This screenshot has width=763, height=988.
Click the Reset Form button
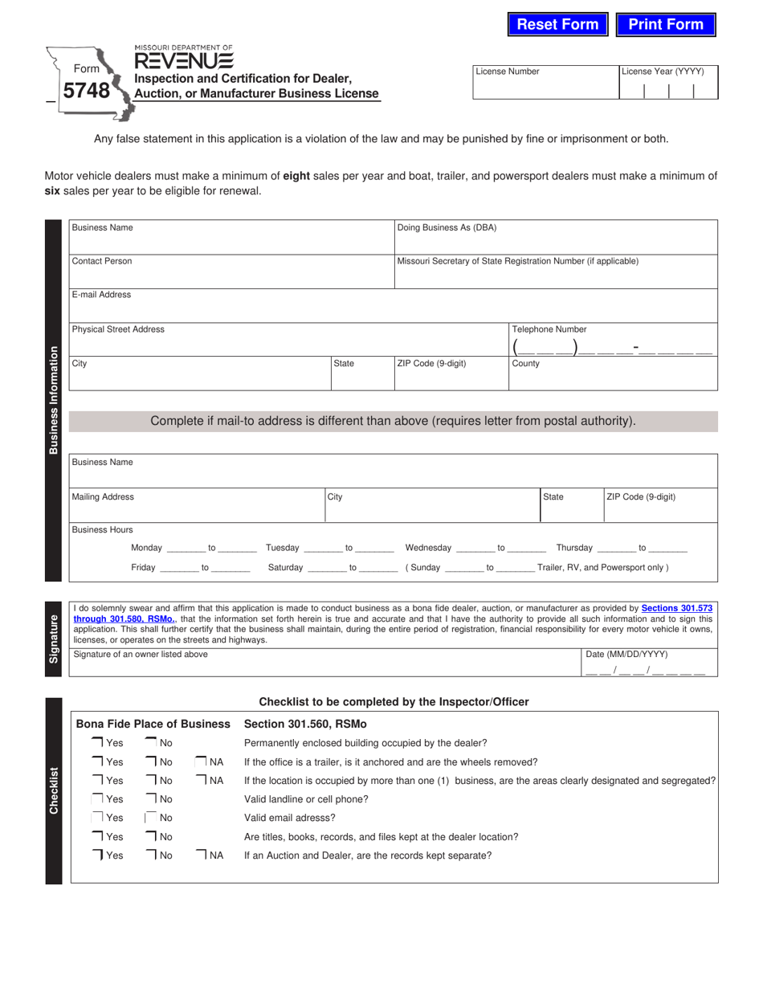(557, 24)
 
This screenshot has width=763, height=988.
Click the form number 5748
(86, 91)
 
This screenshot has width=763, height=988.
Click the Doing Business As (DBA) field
(556, 243)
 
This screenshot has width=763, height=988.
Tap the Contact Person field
(231, 276)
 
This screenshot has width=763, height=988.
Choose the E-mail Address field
(393, 309)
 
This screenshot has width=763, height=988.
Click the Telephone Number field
(613, 346)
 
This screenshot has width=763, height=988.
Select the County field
(613, 378)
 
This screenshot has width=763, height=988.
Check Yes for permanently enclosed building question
(97, 743)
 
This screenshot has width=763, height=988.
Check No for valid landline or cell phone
(151, 799)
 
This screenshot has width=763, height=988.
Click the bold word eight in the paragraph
(296, 176)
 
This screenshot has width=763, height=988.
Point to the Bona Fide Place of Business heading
(153, 724)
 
